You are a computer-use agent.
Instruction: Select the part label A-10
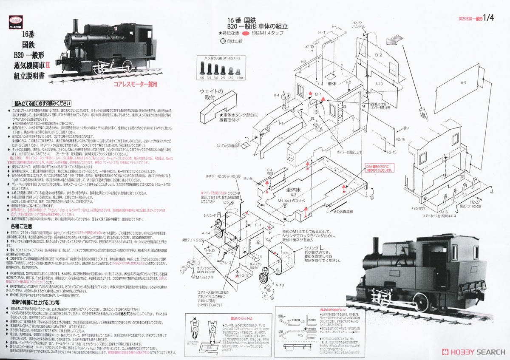click(x=379, y=84)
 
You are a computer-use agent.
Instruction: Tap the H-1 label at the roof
click(x=322, y=32)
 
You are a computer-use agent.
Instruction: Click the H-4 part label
click(x=277, y=95)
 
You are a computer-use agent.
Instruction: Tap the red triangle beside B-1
click(x=323, y=99)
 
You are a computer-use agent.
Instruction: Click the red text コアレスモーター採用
click(x=136, y=84)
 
